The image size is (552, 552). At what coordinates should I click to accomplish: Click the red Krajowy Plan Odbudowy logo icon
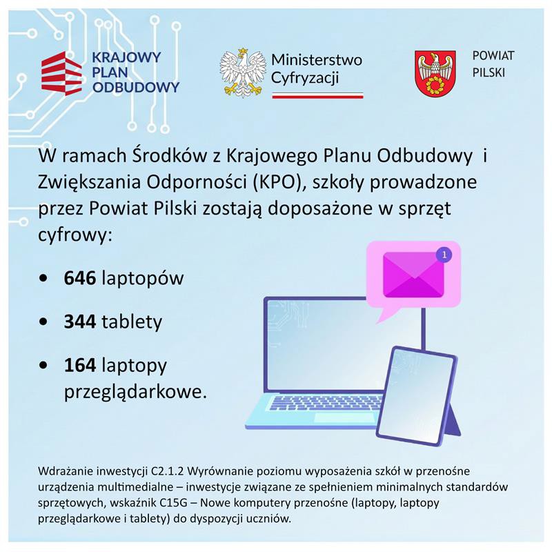[x=61, y=72]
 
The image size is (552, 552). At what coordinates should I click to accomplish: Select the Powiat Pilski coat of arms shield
[x=435, y=72]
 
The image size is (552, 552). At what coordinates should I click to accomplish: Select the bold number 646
[x=80, y=279]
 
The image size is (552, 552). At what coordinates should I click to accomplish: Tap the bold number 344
[x=80, y=322]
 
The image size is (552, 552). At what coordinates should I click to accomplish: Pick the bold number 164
[x=80, y=364]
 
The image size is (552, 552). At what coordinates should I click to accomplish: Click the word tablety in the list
[x=132, y=322]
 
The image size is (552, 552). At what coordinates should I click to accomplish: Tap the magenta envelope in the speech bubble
[x=413, y=273]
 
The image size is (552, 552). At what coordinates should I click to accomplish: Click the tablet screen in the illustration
[x=416, y=394]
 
